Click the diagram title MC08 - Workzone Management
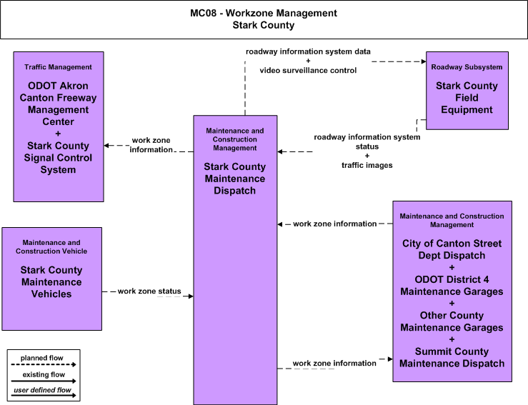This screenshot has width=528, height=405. click(x=264, y=13)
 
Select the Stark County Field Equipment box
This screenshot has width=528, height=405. click(x=467, y=91)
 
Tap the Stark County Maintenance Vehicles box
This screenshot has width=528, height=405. click(x=52, y=279)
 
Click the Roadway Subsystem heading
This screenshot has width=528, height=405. click(x=467, y=67)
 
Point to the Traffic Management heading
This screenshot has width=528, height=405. click(x=58, y=67)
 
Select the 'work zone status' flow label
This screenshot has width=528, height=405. click(x=149, y=291)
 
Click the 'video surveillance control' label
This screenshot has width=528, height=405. click(x=308, y=71)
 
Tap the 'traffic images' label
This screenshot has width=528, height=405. click(x=367, y=165)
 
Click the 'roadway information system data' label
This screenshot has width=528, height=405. click(x=308, y=51)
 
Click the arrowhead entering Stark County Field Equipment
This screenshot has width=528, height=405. click(x=424, y=61)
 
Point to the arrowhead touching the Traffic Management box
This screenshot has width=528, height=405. click(x=106, y=146)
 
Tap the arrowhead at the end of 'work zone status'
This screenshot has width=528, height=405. click(x=191, y=296)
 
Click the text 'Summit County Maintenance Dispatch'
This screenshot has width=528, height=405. click(x=452, y=358)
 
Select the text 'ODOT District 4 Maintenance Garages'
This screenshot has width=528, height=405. click(x=452, y=286)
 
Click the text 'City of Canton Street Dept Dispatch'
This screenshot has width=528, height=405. click(x=452, y=249)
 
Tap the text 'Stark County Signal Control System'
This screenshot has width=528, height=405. click(x=58, y=158)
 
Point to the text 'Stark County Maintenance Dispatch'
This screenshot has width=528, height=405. click(x=234, y=179)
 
